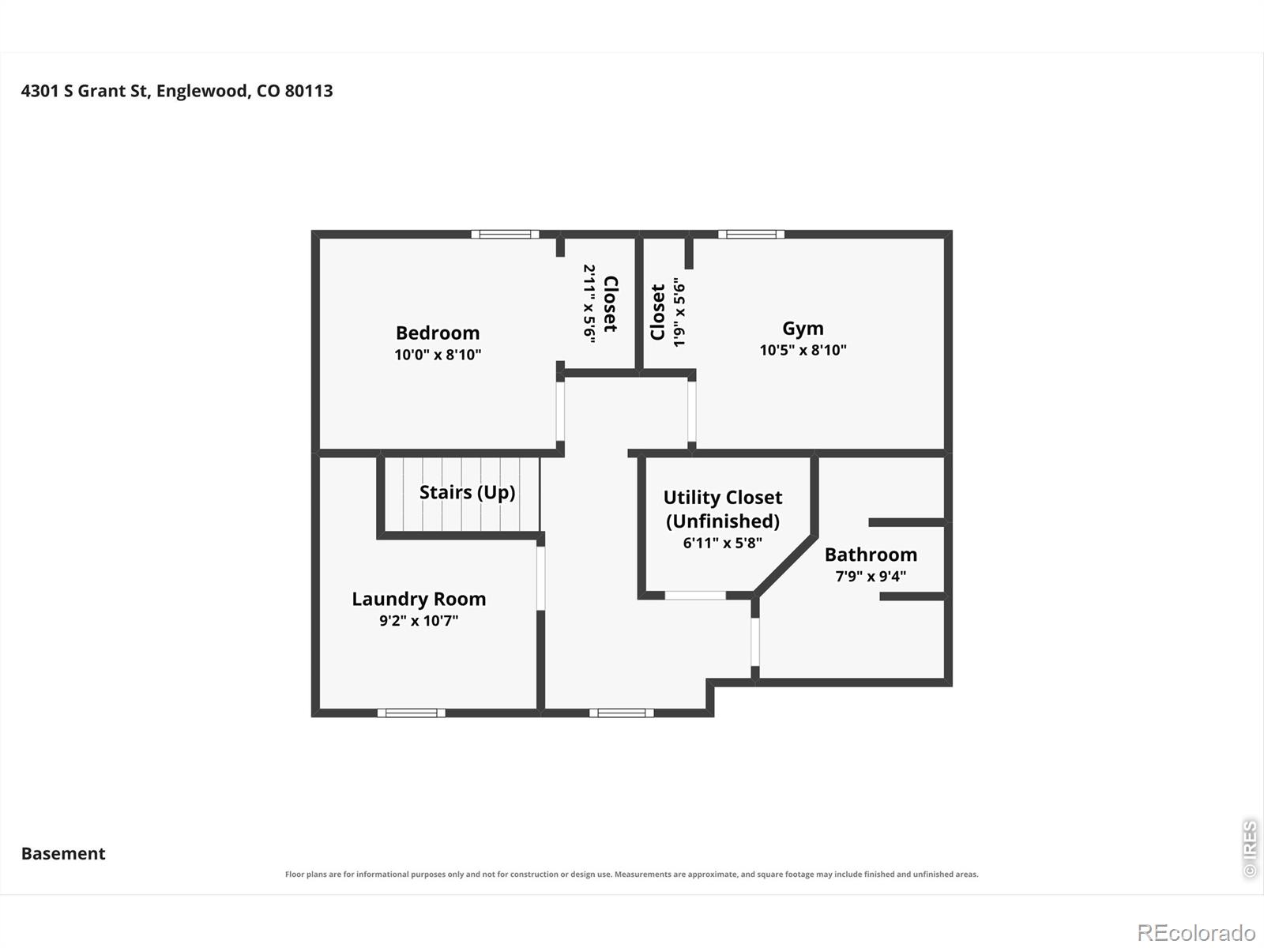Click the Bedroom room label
coord(438,333)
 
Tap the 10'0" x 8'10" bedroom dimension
coord(438,355)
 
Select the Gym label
coord(803,329)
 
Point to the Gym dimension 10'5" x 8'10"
coord(803,350)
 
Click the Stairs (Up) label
coord(467,493)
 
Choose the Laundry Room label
coord(419,599)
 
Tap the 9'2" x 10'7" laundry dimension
coord(419,620)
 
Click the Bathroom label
coord(871,555)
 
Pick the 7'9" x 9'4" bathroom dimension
coord(871,576)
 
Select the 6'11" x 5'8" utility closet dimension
coord(723,543)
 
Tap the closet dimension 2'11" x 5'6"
coord(589,304)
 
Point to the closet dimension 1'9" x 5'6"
coord(679,313)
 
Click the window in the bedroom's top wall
coord(505,235)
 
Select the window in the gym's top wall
coord(751,235)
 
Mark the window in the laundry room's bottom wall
coord(411,713)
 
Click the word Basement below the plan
coord(63,854)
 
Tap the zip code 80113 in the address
coord(309,91)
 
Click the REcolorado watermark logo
coord(1196,932)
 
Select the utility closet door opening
coord(695,596)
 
